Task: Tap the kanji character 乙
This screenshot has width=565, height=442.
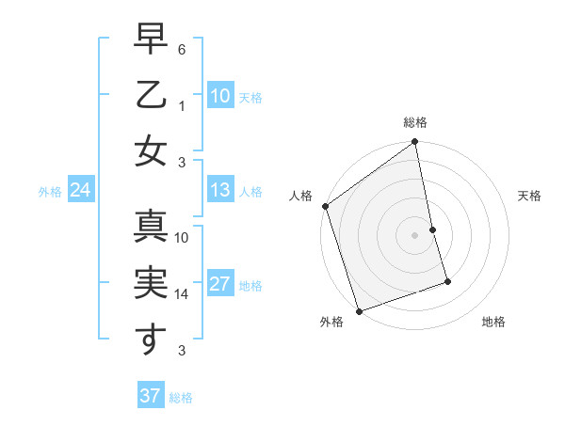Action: click(x=151, y=95)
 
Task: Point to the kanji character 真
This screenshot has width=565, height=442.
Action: click(x=151, y=229)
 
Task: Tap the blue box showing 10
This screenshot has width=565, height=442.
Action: click(x=219, y=96)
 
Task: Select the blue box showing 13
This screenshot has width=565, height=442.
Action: click(x=219, y=191)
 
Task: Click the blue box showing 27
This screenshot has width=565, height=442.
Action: click(x=219, y=285)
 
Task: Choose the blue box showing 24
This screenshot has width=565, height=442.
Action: click(x=80, y=191)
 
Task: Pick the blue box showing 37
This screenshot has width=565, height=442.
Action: click(x=150, y=396)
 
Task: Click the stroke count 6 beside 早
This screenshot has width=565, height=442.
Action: click(x=183, y=49)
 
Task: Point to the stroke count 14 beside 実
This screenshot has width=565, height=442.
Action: click(x=182, y=294)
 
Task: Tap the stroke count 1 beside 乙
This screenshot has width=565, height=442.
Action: click(x=184, y=105)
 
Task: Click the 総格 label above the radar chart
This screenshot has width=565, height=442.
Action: click(x=415, y=122)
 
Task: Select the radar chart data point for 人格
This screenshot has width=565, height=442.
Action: click(x=325, y=206)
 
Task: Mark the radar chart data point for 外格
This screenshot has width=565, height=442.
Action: click(x=359, y=311)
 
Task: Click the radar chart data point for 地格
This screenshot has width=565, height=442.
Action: click(x=448, y=281)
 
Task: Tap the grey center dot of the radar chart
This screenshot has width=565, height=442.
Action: click(x=415, y=234)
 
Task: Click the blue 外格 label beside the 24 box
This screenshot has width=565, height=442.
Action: click(x=50, y=192)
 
